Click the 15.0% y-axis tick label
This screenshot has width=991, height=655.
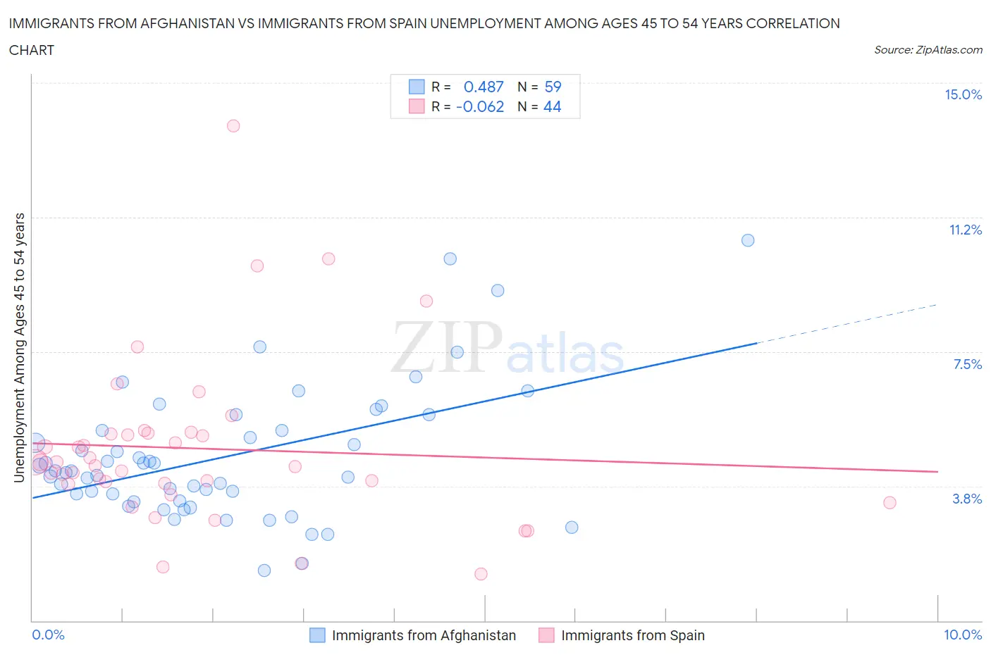tap(963, 95)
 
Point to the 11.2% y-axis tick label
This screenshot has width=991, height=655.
tap(965, 230)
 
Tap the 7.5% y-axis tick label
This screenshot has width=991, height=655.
tap(967, 365)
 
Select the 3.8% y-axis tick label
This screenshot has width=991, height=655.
tap(967, 499)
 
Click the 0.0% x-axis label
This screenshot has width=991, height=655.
tap(48, 635)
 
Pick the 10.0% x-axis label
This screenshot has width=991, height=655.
tap(962, 635)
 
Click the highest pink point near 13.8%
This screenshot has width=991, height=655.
tap(233, 126)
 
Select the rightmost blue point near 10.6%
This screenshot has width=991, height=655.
tap(748, 240)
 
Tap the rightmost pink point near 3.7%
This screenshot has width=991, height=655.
tap(890, 503)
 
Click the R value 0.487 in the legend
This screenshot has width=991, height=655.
tap(484, 87)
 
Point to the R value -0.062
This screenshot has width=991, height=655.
tap(480, 107)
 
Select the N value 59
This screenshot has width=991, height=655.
tap(553, 87)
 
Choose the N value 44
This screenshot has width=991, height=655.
tap(552, 107)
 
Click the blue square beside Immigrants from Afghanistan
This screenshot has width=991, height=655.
tap(317, 635)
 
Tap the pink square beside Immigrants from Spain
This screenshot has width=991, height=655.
tap(546, 635)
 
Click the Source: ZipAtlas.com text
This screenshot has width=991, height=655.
tap(928, 50)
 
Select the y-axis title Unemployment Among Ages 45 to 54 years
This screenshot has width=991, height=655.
tap(19, 348)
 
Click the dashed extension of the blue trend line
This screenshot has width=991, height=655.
tap(846, 324)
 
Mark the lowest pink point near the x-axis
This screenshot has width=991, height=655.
tap(481, 574)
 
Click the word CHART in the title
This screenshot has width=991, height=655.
tap(32, 50)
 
